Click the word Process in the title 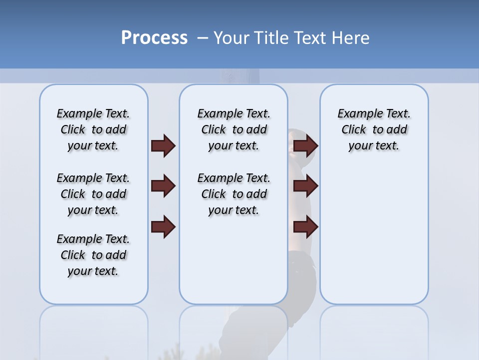pyautogui.click(x=154, y=37)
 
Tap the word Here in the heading pyautogui.click(x=349, y=38)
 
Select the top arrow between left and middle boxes pyautogui.click(x=163, y=146)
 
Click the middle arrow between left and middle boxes pyautogui.click(x=163, y=186)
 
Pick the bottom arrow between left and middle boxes pyautogui.click(x=163, y=226)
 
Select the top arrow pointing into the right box pyautogui.click(x=306, y=146)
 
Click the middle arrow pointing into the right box pyautogui.click(x=306, y=186)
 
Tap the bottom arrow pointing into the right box pyautogui.click(x=306, y=226)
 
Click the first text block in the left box pyautogui.click(x=93, y=129)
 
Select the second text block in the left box pyautogui.click(x=93, y=194)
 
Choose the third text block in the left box pyautogui.click(x=93, y=255)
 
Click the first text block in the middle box pyautogui.click(x=234, y=129)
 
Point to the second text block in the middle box pyautogui.click(x=234, y=194)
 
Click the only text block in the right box pyautogui.click(x=374, y=129)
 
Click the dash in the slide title pyautogui.click(x=202, y=38)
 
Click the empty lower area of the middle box pyautogui.click(x=234, y=265)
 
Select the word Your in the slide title pyautogui.click(x=232, y=38)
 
